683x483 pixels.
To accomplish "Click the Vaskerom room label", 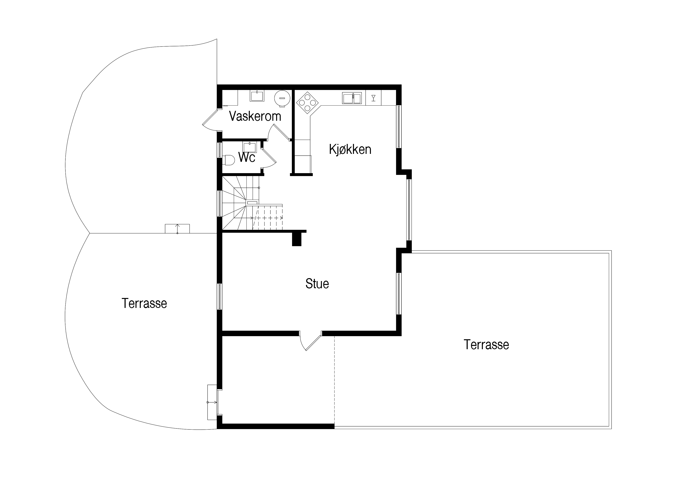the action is click(255, 116).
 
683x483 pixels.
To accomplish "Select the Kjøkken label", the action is click(350, 149).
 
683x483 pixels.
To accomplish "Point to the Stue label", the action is click(317, 284).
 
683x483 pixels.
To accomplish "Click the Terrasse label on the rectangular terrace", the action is click(486, 345).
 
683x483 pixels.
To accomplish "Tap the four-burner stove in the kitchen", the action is click(307, 103).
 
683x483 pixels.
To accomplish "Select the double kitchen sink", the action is click(352, 98).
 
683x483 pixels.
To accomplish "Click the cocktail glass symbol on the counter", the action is click(373, 98).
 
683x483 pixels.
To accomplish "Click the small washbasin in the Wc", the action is click(250, 147).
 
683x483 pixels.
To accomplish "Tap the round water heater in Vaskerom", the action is click(282, 98).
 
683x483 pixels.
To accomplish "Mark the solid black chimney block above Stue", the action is click(297, 239).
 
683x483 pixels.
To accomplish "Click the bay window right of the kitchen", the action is click(409, 210).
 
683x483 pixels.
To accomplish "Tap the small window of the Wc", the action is click(220, 150).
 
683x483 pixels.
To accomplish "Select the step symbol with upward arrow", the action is click(177, 229).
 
